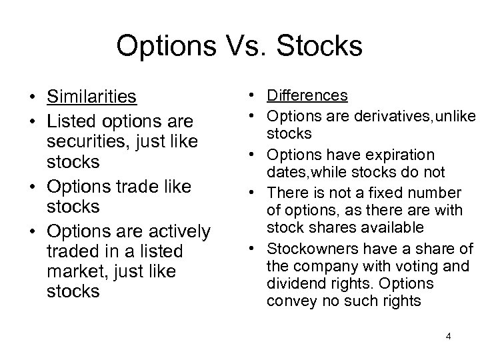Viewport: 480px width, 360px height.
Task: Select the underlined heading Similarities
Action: [91, 97]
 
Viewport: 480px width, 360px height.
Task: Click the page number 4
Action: [449, 335]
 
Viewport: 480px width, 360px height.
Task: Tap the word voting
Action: [410, 267]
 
